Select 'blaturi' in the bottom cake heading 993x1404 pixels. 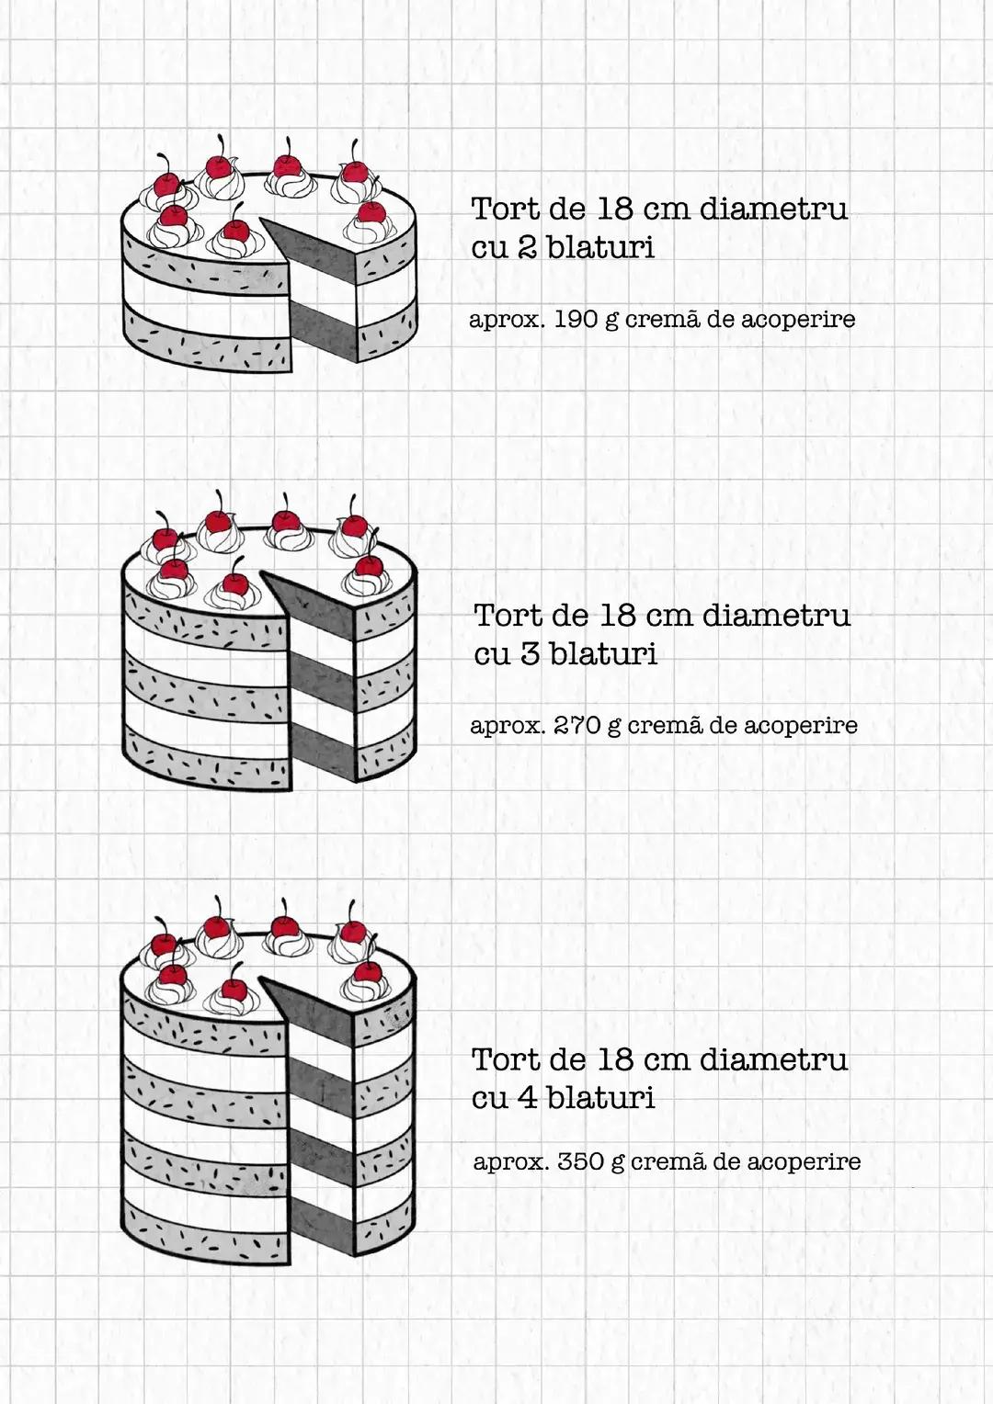pyautogui.click(x=600, y=1097)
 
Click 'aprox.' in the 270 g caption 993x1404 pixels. pyautogui.click(x=507, y=726)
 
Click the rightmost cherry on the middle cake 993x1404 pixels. pyautogui.click(x=368, y=567)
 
